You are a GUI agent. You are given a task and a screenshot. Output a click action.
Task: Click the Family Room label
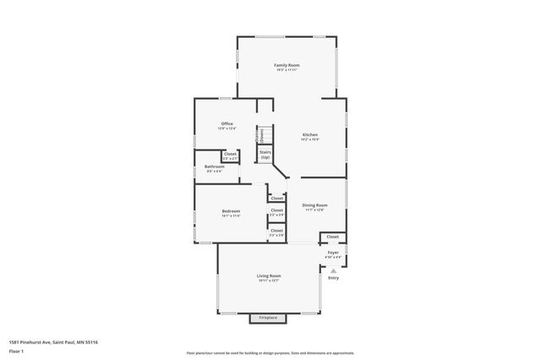[287, 65]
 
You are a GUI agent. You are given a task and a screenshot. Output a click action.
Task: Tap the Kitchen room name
[310, 135]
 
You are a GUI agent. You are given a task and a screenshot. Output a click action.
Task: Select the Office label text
[227, 123]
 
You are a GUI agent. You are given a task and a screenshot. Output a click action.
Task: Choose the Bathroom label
[214, 166]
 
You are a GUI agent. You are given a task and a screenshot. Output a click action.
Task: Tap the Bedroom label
[231, 211]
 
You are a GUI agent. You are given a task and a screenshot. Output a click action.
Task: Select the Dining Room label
[315, 205]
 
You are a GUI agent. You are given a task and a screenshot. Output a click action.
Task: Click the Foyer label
[333, 253]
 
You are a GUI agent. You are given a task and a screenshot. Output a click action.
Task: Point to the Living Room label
[269, 276]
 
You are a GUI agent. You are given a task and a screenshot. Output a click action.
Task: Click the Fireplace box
[267, 318]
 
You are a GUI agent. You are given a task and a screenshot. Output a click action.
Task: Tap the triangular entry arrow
[333, 270]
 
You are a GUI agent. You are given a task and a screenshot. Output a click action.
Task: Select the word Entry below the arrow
[333, 278]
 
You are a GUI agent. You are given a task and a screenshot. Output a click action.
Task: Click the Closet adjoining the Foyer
[332, 237]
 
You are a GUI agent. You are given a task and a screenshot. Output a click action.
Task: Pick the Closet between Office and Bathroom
[230, 154]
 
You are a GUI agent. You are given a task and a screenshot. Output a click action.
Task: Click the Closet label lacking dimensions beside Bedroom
[276, 199]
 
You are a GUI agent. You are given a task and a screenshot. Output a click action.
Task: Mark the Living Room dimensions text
[269, 281]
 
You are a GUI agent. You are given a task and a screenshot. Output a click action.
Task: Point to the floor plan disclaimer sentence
[270, 353]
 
